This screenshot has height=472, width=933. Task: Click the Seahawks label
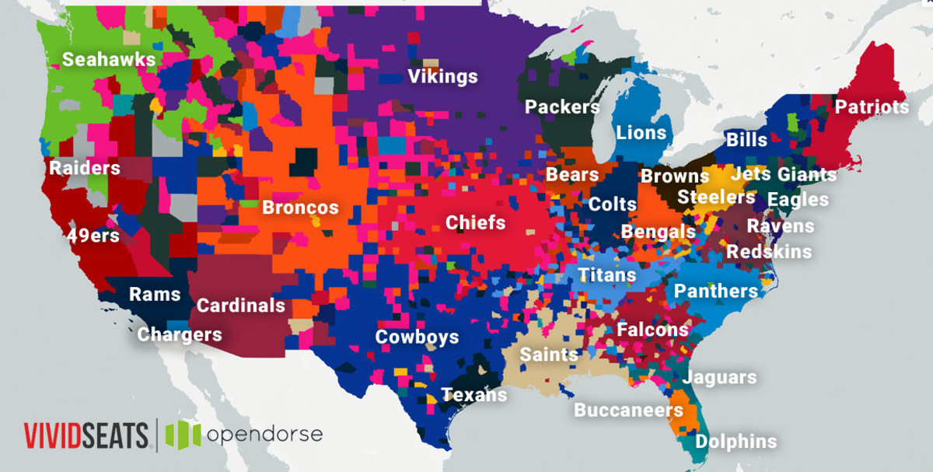(x=109, y=60)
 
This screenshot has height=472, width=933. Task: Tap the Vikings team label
(x=442, y=77)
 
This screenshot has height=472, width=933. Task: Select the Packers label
(x=562, y=107)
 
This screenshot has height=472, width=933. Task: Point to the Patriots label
(x=872, y=107)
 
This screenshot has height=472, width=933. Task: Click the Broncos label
(x=300, y=208)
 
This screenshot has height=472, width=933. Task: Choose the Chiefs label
(x=475, y=223)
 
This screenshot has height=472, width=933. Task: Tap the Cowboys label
(x=417, y=337)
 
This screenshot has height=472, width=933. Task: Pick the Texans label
(x=474, y=395)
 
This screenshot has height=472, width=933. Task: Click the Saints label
(x=549, y=355)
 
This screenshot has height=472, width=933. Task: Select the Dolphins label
(x=736, y=442)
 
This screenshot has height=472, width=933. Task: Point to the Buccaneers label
(x=628, y=410)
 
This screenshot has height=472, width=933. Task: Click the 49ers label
(x=93, y=236)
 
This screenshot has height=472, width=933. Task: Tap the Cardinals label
(x=240, y=306)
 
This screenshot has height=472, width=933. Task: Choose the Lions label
(x=641, y=133)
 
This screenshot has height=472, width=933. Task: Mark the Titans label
(x=606, y=275)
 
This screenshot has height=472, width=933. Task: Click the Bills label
(x=746, y=141)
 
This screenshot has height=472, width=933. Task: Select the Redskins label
(x=769, y=252)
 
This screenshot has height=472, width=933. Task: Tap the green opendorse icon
(x=183, y=434)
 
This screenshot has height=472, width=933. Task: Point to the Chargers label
(x=180, y=335)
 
